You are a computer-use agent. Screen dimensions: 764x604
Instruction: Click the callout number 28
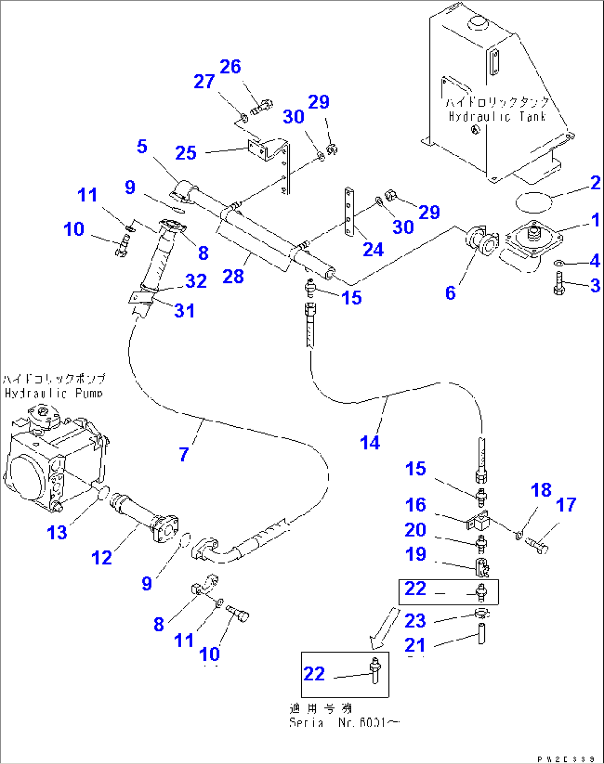click(233, 276)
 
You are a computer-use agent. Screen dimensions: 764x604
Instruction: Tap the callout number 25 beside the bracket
click(186, 153)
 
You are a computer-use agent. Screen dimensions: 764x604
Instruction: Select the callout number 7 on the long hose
click(184, 455)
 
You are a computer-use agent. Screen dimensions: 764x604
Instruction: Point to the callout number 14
click(370, 442)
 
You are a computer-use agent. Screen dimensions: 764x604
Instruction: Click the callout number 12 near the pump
click(101, 557)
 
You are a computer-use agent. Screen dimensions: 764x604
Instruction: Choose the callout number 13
click(57, 533)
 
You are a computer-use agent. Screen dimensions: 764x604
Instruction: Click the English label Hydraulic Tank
click(497, 117)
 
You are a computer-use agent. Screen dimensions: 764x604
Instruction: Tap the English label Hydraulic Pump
click(54, 394)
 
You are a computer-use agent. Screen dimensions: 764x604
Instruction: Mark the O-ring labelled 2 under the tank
click(534, 201)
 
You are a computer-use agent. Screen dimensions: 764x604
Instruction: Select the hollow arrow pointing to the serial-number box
click(384, 629)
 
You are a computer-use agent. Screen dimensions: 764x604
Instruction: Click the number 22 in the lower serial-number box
click(314, 674)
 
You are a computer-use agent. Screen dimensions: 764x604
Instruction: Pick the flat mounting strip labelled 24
click(349, 211)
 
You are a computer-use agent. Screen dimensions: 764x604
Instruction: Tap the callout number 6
click(451, 293)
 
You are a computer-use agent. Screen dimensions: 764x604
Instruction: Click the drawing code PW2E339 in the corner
click(566, 759)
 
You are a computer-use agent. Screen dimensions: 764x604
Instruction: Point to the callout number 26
click(230, 66)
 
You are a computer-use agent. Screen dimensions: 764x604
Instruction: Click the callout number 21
click(415, 645)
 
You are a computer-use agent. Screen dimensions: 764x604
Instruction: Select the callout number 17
click(566, 504)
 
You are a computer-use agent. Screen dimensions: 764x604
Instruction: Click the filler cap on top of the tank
click(477, 23)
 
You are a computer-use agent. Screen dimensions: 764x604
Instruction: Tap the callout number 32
click(196, 281)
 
